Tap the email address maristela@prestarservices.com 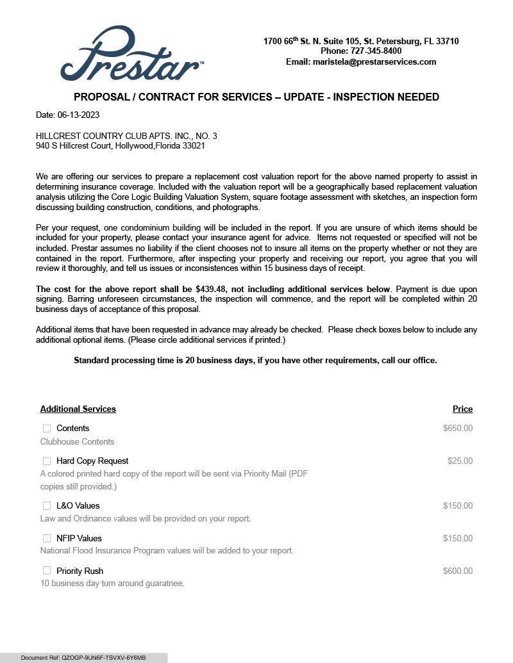tap(374, 62)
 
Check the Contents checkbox tap(47, 429)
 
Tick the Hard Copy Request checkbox tap(47, 461)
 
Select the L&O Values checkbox tap(47, 506)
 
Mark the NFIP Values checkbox tap(47, 539)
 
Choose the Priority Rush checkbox tap(47, 571)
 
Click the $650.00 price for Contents tap(457, 429)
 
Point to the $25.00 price tap(460, 461)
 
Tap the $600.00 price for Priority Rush tap(457, 571)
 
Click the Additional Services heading tap(78, 409)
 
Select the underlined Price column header tap(462, 409)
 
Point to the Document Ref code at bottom tap(83, 658)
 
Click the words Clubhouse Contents tap(77, 442)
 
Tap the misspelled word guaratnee tap(163, 584)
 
